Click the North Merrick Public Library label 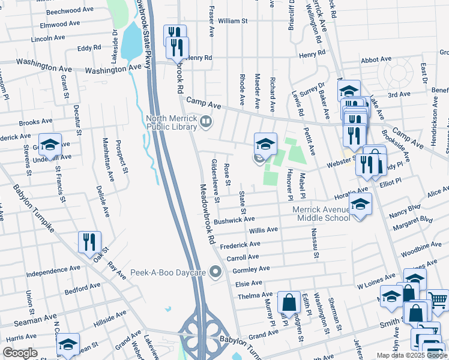pos(172,122)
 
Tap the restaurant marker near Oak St pos(89,242)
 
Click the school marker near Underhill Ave pos(50,144)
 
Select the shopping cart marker pos(438,300)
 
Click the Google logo pos(20,353)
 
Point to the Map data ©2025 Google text pos(412,355)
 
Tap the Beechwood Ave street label pos(66,11)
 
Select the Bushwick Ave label pos(235,220)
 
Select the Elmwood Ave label pos(59,25)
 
